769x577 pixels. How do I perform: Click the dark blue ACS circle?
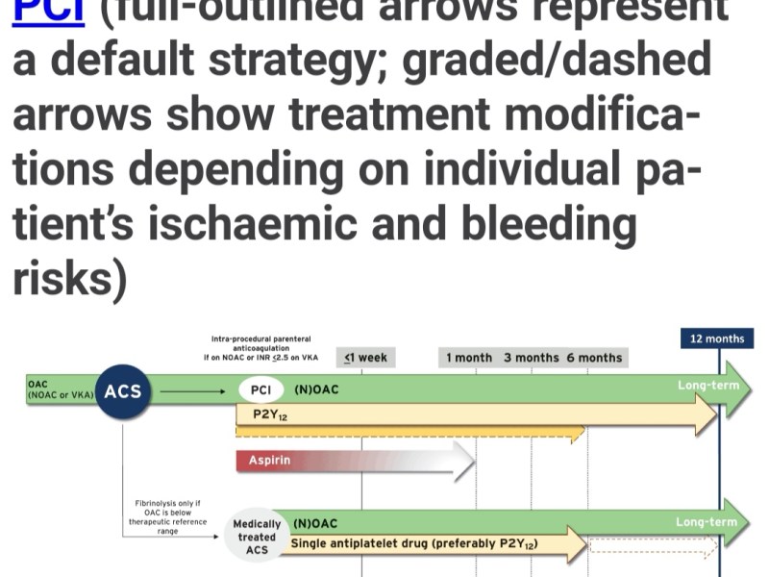(123, 391)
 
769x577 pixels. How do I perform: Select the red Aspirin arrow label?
(269, 461)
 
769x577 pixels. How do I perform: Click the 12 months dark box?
(717, 338)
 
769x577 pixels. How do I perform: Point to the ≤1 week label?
(366, 358)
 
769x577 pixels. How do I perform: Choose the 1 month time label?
(469, 358)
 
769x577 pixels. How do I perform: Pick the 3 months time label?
(531, 358)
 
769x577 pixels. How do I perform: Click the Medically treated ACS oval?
(257, 537)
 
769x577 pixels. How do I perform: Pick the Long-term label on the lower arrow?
(707, 522)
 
